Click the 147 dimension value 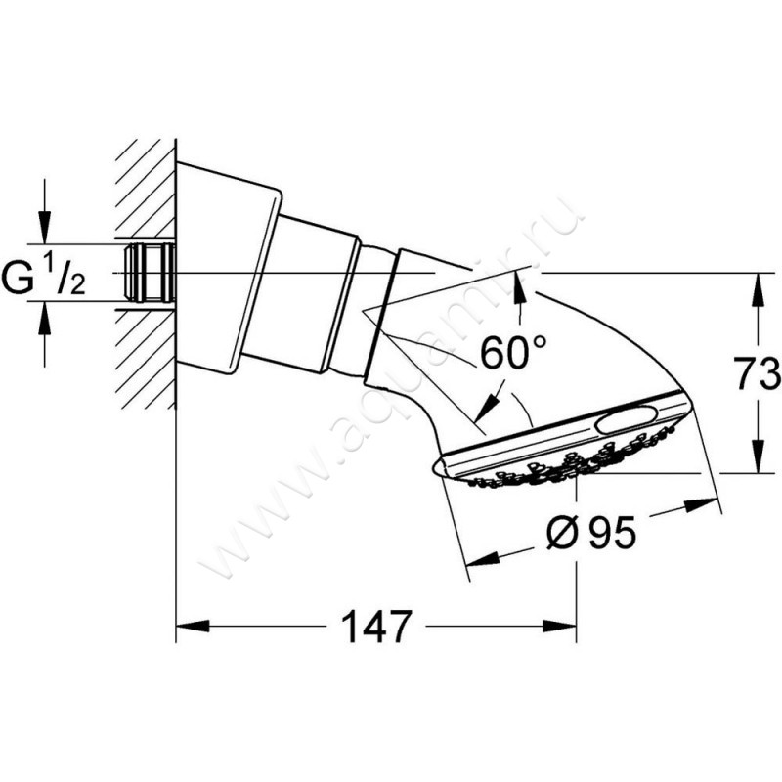click(377, 626)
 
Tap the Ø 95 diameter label click(592, 532)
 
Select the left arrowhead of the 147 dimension click(193, 626)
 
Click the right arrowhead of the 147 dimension click(560, 626)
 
